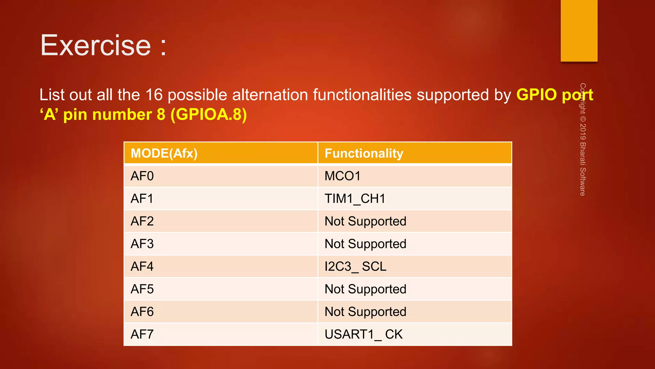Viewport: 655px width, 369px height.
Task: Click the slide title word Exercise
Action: (95, 45)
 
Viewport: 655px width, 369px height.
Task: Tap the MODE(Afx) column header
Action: (164, 153)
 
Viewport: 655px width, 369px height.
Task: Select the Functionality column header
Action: (364, 153)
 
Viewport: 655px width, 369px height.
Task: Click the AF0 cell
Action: (142, 176)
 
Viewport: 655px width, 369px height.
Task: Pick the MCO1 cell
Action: (342, 176)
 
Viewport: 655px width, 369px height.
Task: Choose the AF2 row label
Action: (142, 221)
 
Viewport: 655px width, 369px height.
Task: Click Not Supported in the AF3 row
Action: (365, 244)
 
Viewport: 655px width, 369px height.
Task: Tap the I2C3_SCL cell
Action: (355, 266)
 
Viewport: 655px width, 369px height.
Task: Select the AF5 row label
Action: (142, 289)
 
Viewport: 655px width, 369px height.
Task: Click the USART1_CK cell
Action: (363, 334)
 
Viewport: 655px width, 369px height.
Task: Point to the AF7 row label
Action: (142, 334)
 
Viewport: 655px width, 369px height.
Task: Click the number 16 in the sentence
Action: (154, 95)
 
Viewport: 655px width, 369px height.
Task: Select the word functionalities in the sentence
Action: (362, 95)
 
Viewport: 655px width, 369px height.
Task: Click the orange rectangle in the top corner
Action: (579, 30)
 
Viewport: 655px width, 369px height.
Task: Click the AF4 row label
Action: (142, 266)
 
